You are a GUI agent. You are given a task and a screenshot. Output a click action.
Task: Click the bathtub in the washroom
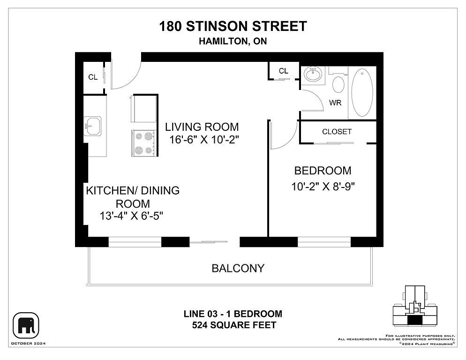tap(362, 93)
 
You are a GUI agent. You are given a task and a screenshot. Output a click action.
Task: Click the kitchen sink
tap(93, 126)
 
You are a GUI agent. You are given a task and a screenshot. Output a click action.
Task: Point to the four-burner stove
tap(143, 143)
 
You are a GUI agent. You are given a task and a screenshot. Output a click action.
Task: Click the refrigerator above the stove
tap(144, 108)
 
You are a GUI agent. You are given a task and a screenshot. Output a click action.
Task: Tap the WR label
tap(335, 103)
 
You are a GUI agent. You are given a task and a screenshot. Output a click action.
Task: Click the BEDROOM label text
tap(323, 171)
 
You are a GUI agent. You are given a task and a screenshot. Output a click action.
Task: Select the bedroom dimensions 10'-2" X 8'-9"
tap(323, 187)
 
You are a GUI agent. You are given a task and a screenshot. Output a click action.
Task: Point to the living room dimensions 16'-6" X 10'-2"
tap(204, 139)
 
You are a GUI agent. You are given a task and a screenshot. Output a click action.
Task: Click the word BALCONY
tap(238, 269)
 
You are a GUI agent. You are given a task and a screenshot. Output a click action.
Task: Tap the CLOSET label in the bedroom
tap(337, 132)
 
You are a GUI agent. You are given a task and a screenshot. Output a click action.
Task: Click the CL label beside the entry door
tap(93, 77)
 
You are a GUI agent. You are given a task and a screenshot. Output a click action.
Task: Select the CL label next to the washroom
tap(283, 71)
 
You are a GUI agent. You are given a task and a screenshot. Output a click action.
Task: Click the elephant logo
tap(26, 325)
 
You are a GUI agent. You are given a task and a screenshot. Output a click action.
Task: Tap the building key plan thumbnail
tap(415, 306)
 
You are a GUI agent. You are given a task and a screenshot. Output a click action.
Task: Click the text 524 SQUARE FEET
tap(234, 325)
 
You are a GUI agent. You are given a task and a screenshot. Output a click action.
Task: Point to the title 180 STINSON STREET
tap(233, 26)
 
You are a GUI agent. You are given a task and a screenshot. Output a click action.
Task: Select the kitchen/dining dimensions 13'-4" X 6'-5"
tap(131, 216)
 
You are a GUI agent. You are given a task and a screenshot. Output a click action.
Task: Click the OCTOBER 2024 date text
tap(28, 344)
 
